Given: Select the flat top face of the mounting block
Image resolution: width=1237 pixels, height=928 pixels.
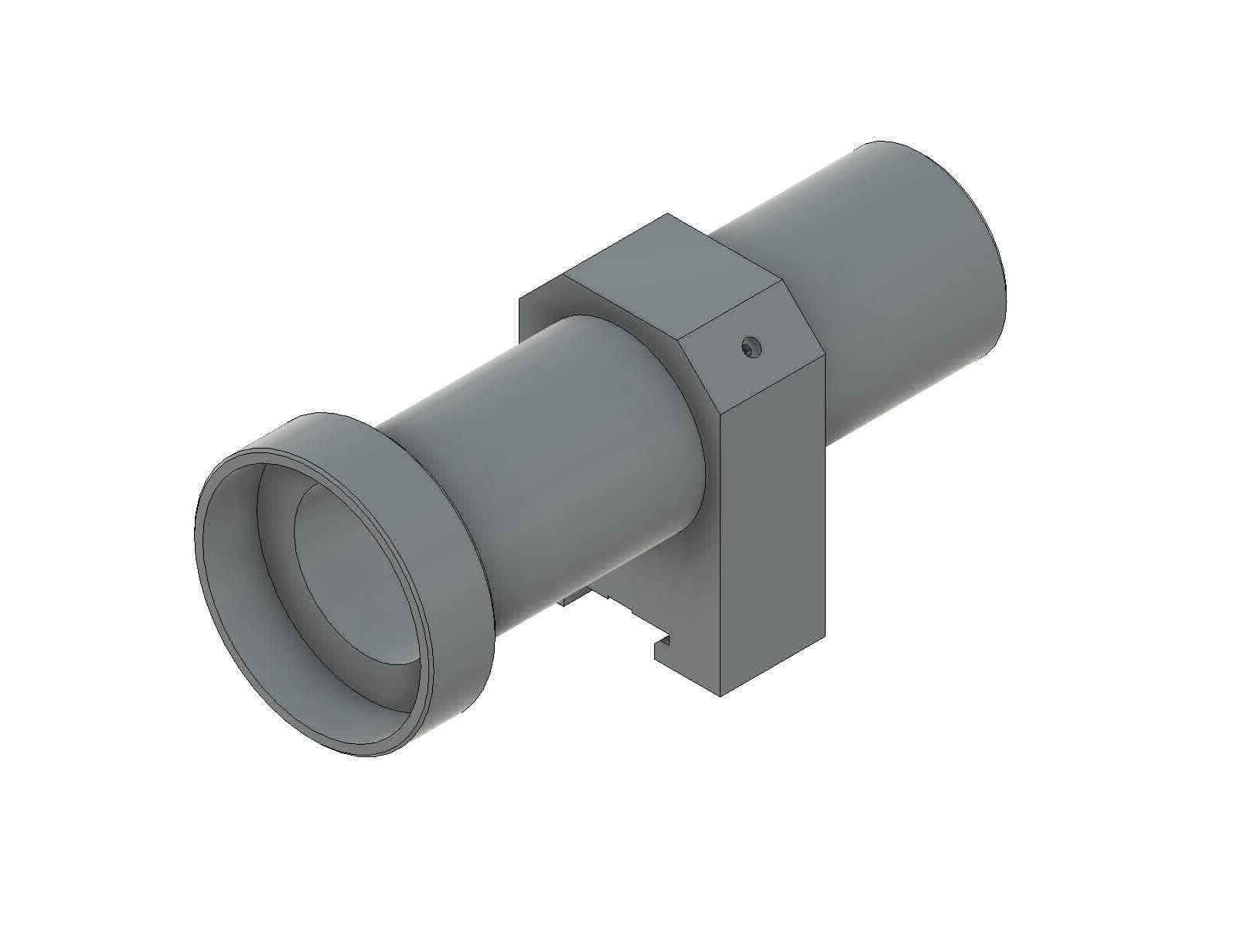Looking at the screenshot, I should [x=673, y=271].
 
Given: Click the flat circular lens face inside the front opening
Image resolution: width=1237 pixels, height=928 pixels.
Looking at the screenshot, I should [x=356, y=572].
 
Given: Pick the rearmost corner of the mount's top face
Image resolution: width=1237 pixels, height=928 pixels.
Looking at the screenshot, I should [x=666, y=216].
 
